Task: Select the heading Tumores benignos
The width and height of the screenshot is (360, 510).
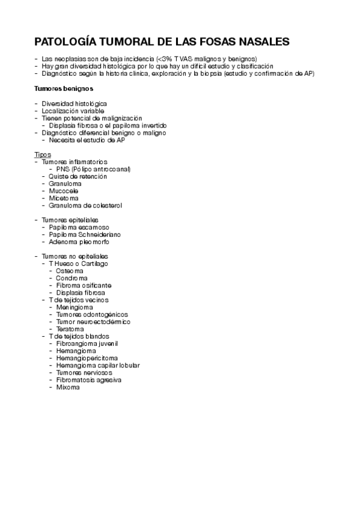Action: pos(64,88)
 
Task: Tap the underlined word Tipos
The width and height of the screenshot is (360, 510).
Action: pos(43,155)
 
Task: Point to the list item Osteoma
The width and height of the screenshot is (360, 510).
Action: pos(70,271)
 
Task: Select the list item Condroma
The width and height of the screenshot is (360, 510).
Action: pos(72,278)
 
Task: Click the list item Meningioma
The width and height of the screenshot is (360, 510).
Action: pos(75,307)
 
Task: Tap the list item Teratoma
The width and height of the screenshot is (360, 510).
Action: pos(70,329)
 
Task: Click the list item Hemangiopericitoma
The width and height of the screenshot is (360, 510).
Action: pos(87,358)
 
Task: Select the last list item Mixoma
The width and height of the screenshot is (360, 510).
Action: pos(68,387)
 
